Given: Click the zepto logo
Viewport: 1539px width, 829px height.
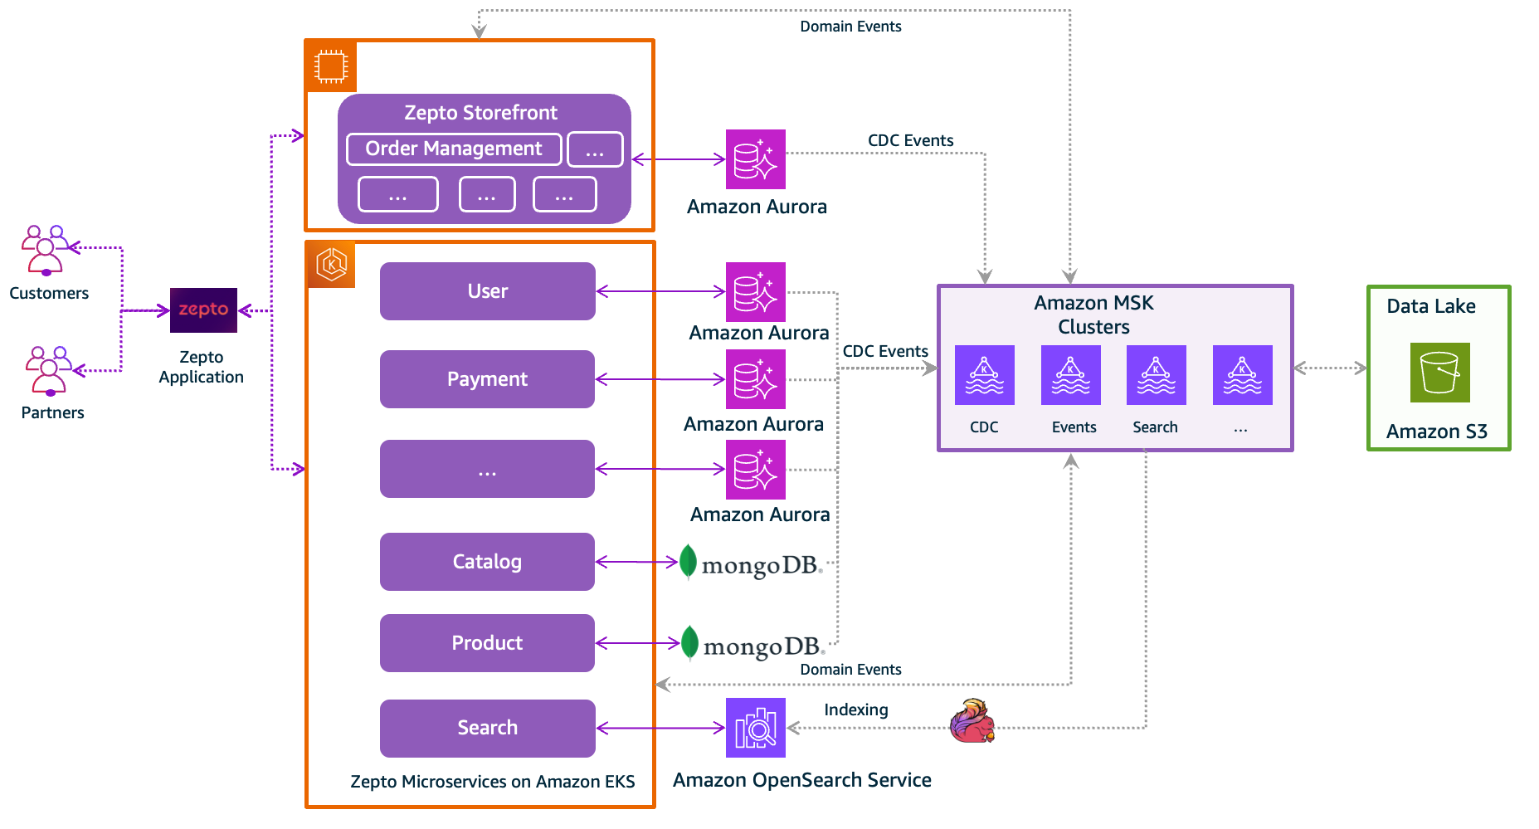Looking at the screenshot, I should [x=203, y=310].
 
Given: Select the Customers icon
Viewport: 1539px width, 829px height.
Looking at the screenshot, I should [x=46, y=250].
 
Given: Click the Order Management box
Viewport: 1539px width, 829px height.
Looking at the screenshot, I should [x=454, y=149].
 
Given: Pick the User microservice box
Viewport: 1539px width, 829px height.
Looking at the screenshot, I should [x=487, y=291].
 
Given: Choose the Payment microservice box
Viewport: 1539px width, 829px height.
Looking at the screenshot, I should [x=487, y=379].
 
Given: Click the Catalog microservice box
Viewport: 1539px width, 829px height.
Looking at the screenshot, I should [x=487, y=562].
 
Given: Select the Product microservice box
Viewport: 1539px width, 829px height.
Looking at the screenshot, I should [x=487, y=643].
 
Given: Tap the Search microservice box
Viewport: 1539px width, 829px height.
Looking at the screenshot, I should [x=487, y=728].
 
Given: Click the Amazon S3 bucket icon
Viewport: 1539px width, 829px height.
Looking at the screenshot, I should [x=1439, y=373].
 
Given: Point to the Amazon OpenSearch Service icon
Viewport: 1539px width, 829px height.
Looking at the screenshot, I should [x=755, y=728].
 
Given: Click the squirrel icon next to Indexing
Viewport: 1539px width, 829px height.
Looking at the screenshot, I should [x=972, y=721].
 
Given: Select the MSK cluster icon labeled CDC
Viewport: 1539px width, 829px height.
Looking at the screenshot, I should [x=984, y=375].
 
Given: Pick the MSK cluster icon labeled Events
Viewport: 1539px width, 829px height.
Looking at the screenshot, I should [x=1070, y=375].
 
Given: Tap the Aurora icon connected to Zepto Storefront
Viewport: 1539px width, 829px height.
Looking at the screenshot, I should [x=755, y=159].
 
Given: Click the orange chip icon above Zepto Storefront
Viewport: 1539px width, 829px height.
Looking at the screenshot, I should [x=331, y=66].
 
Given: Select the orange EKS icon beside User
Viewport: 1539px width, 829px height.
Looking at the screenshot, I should [x=331, y=265].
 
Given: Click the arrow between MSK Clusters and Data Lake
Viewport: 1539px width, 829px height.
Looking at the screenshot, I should [x=1330, y=368].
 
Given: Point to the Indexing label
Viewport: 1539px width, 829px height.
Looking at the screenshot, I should [x=855, y=710].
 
